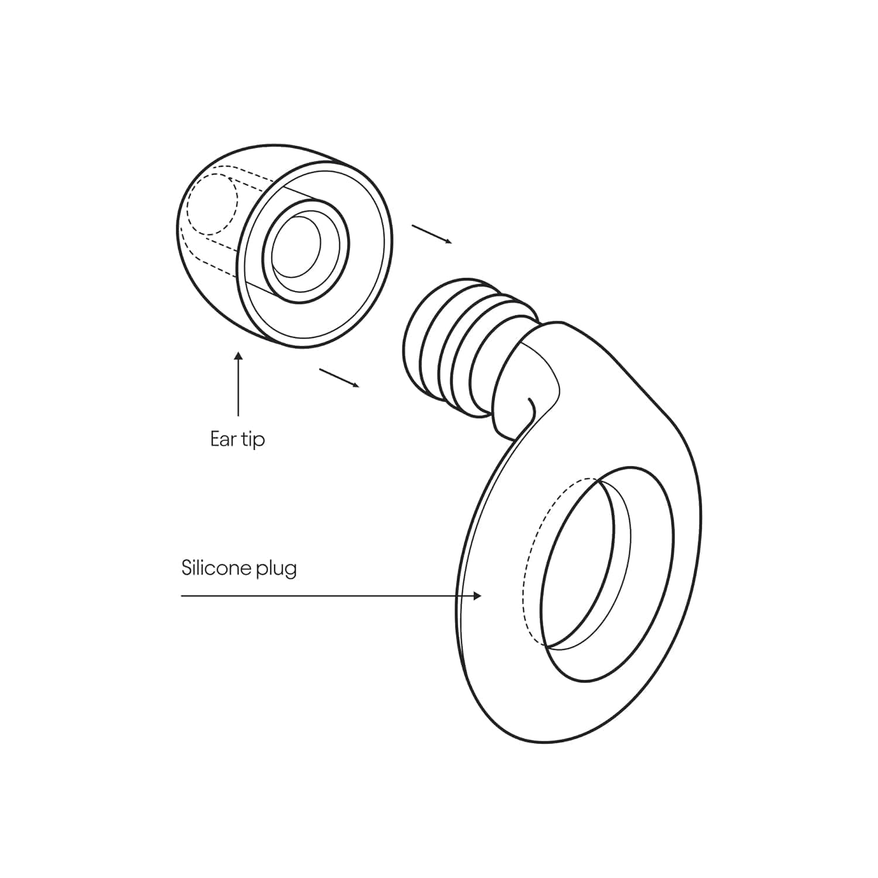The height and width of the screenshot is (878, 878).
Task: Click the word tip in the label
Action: (252, 440)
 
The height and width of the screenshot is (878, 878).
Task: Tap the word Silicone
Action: (215, 568)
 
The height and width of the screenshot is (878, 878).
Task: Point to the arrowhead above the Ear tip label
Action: (238, 355)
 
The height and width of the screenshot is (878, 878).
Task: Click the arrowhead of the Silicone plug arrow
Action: (478, 596)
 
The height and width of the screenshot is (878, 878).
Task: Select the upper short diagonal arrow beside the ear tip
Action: (432, 234)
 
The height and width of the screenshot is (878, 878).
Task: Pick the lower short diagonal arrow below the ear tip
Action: (339, 378)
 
